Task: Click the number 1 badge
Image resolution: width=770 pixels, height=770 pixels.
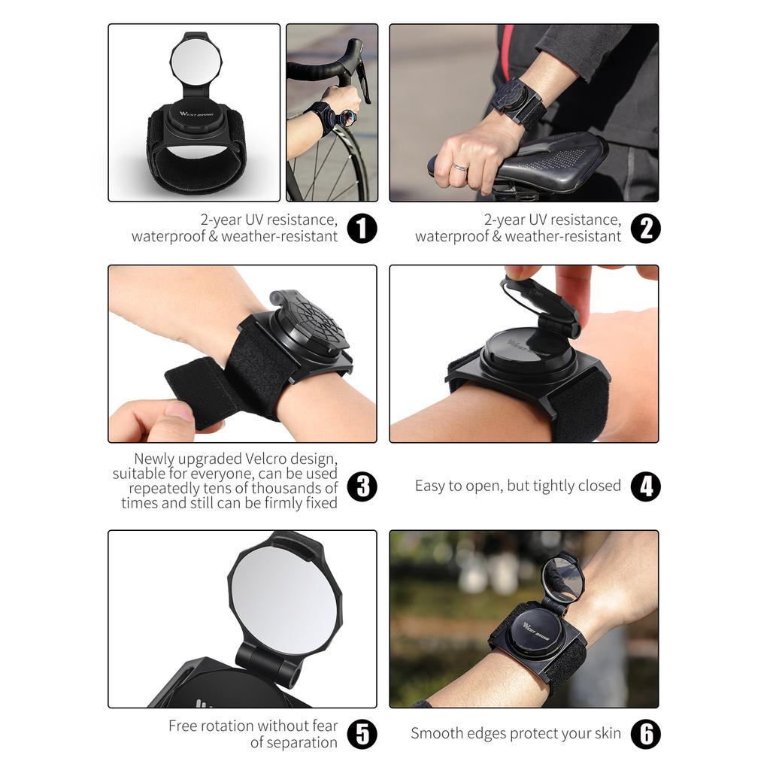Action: pyautogui.click(x=362, y=228)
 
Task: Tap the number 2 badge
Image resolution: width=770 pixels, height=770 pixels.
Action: pyautogui.click(x=645, y=228)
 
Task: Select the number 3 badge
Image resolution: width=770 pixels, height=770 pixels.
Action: pyautogui.click(x=362, y=486)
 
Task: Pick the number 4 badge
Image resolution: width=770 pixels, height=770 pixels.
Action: pyautogui.click(x=645, y=486)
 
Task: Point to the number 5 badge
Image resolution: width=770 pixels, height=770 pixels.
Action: pyautogui.click(x=362, y=734)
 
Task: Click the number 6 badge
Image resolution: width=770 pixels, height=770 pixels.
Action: pyautogui.click(x=645, y=734)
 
